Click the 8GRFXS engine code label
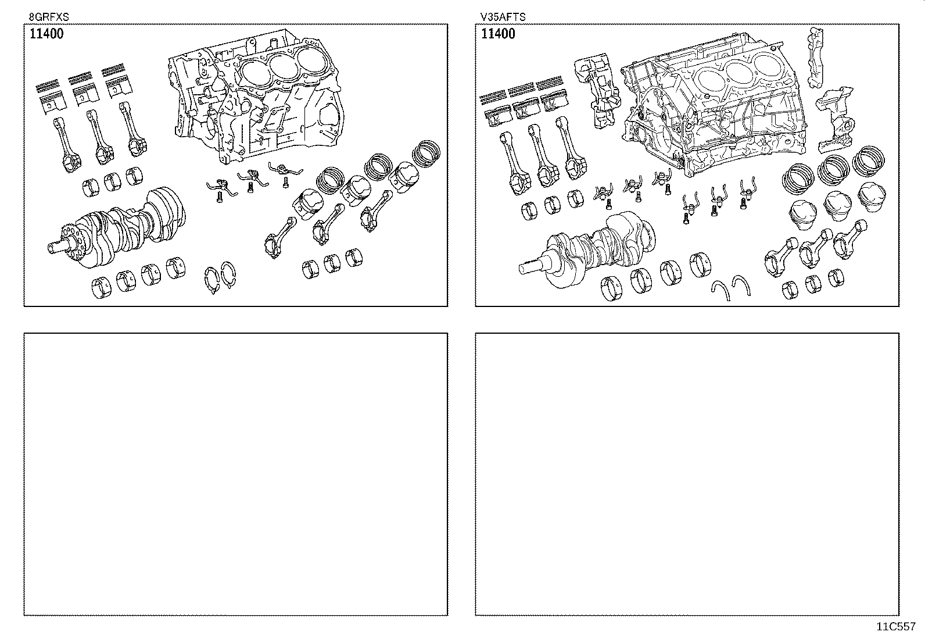click(x=45, y=17)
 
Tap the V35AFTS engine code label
click(x=503, y=17)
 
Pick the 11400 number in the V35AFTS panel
click(x=498, y=34)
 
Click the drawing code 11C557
click(x=896, y=627)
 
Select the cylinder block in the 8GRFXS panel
click(x=256, y=99)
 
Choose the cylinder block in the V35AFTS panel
click(x=715, y=110)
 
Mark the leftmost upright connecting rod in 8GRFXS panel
click(x=64, y=142)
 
